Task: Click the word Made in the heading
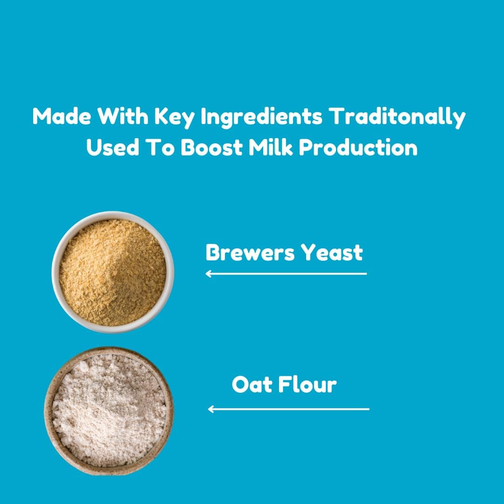click(62, 116)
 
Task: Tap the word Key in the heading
click(175, 118)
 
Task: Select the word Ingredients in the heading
click(261, 118)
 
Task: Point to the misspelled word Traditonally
click(398, 118)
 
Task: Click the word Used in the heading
click(112, 147)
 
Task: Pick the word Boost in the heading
click(211, 147)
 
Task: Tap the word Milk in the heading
click(271, 147)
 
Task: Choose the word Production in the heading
click(358, 147)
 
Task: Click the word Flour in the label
click(307, 385)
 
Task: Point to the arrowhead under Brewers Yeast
click(208, 274)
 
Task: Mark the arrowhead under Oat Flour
click(210, 409)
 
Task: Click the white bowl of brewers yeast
click(113, 272)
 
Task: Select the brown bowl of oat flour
click(109, 411)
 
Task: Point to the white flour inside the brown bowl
click(109, 411)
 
